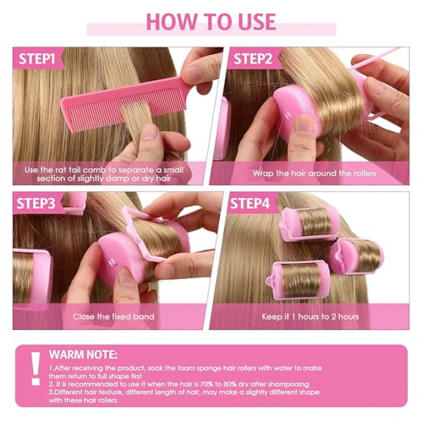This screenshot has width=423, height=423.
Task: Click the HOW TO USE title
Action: click(x=211, y=21)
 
